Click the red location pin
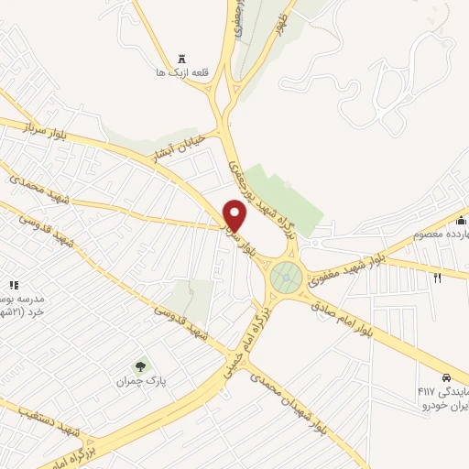click(236, 214)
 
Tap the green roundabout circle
click(287, 275)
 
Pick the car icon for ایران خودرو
click(445, 377)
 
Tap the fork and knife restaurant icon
click(437, 278)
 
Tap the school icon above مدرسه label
click(13, 286)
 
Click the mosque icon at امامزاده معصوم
click(462, 220)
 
